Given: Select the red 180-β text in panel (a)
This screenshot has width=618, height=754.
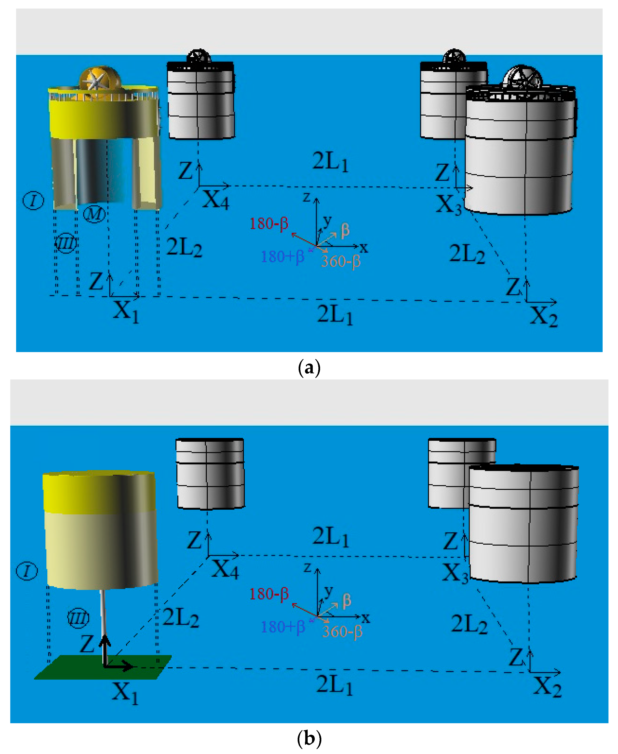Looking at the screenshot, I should click(x=269, y=224).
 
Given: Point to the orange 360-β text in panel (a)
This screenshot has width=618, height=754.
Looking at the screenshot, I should click(x=341, y=261).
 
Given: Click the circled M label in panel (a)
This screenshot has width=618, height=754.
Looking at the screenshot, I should click(x=94, y=214).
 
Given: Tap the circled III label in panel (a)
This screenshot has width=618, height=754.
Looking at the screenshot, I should click(x=66, y=243).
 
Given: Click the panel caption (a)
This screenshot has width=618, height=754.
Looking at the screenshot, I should click(x=309, y=367).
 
